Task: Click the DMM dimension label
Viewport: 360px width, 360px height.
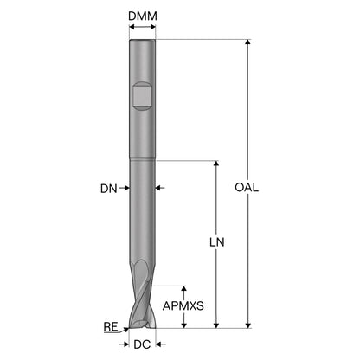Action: coord(143,16)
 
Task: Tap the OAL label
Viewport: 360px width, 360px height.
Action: coord(247,188)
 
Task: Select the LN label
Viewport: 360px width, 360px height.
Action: coord(216,242)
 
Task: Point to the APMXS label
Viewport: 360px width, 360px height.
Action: coord(183,305)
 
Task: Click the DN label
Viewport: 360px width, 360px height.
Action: coord(109,189)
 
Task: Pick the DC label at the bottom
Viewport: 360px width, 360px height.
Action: coord(142,344)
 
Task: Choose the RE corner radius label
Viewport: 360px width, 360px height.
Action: coord(111,327)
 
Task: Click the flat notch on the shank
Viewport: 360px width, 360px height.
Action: coord(142,96)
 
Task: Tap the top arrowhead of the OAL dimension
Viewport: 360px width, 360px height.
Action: coord(247,42)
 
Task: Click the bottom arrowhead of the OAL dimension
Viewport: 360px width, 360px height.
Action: coord(247,325)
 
